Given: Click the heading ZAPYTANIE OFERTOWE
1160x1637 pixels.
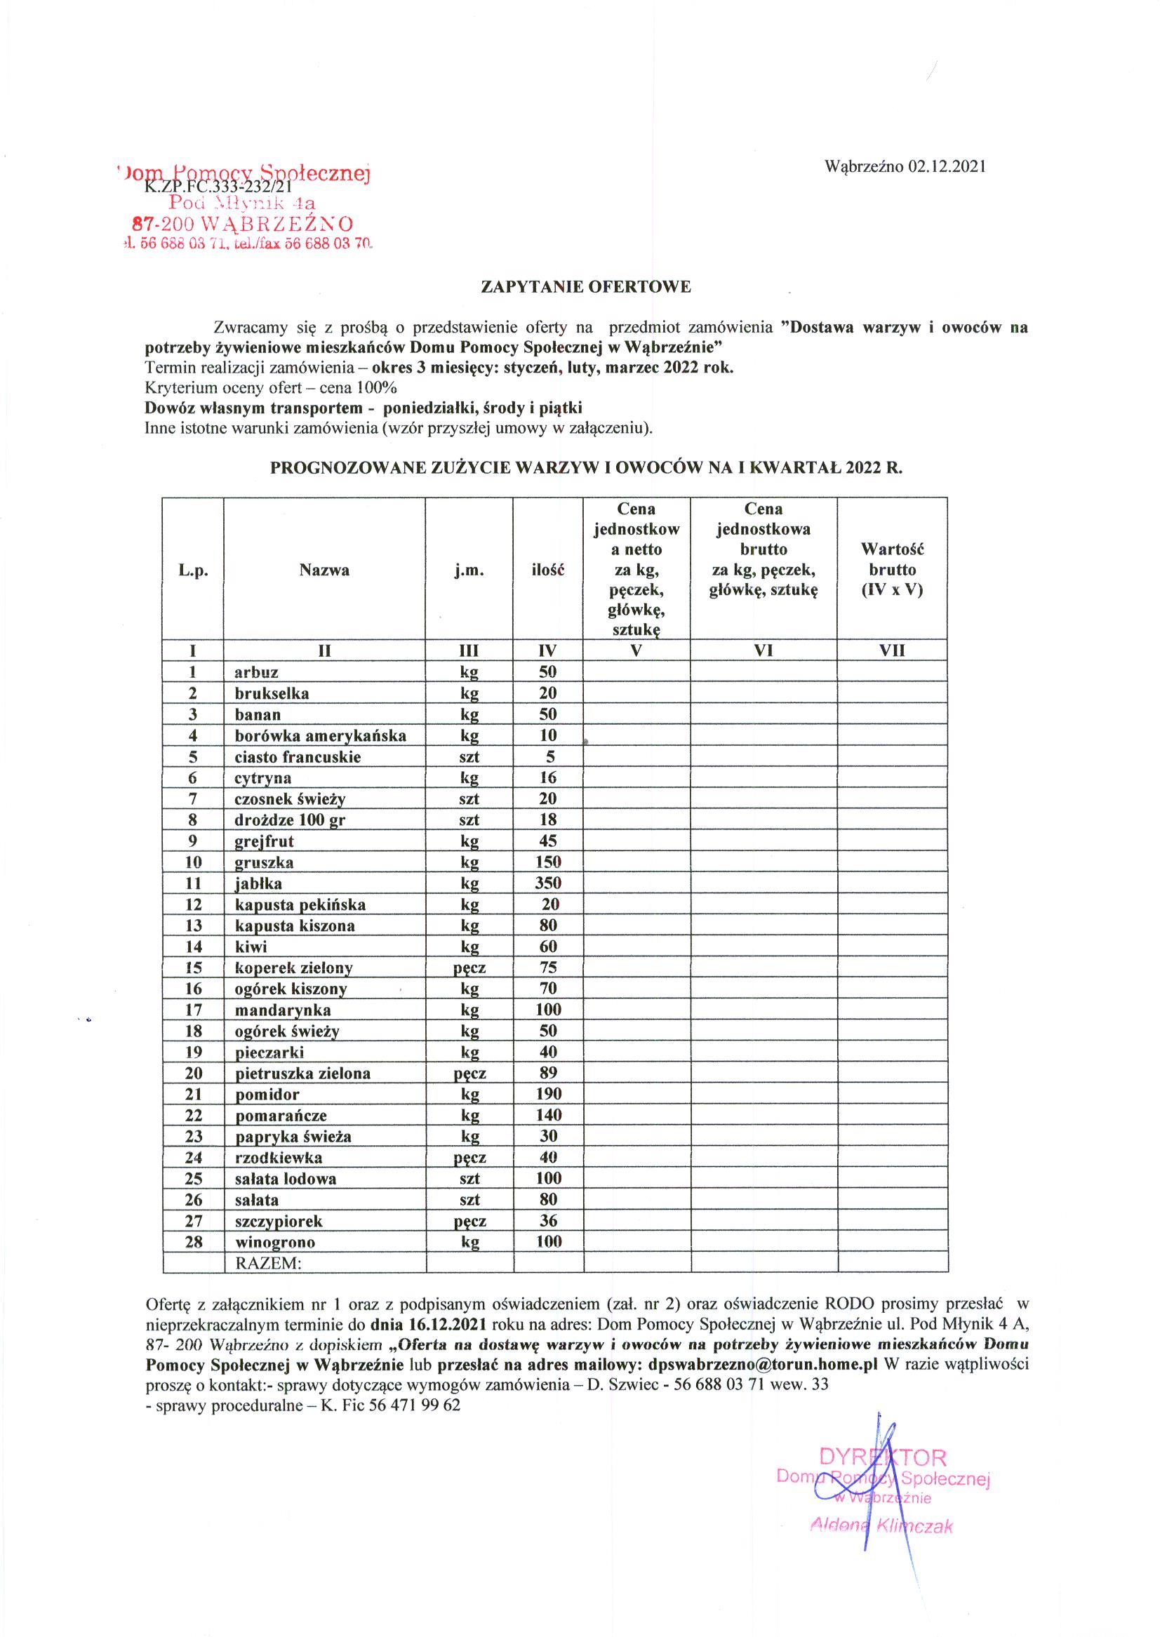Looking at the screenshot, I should pyautogui.click(x=587, y=288).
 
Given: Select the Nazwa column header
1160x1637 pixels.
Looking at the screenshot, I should pyautogui.click(x=324, y=570).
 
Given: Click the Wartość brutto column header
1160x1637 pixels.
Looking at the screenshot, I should pyautogui.click(x=892, y=569).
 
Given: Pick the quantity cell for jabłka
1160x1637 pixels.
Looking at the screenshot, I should pyautogui.click(x=548, y=883).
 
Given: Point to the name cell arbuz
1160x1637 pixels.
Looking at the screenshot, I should pyautogui.click(x=256, y=672).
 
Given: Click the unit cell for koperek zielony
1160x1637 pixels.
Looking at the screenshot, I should pyautogui.click(x=469, y=968).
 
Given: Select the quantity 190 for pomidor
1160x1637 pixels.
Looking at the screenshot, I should pyautogui.click(x=548, y=1094).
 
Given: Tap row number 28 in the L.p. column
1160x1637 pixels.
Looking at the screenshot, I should pyautogui.click(x=193, y=1242).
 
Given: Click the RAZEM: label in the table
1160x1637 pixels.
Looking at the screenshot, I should pyautogui.click(x=269, y=1263).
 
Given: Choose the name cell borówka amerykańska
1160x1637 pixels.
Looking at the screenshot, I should pyautogui.click(x=320, y=735).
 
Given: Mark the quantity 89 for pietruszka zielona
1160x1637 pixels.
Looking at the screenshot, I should pyautogui.click(x=548, y=1073).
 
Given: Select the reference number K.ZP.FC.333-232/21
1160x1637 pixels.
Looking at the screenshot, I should pyautogui.click(x=218, y=188).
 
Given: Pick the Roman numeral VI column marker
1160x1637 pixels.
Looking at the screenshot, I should pyautogui.click(x=764, y=650).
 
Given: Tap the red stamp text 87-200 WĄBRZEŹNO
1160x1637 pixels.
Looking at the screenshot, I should pyautogui.click(x=243, y=224).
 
